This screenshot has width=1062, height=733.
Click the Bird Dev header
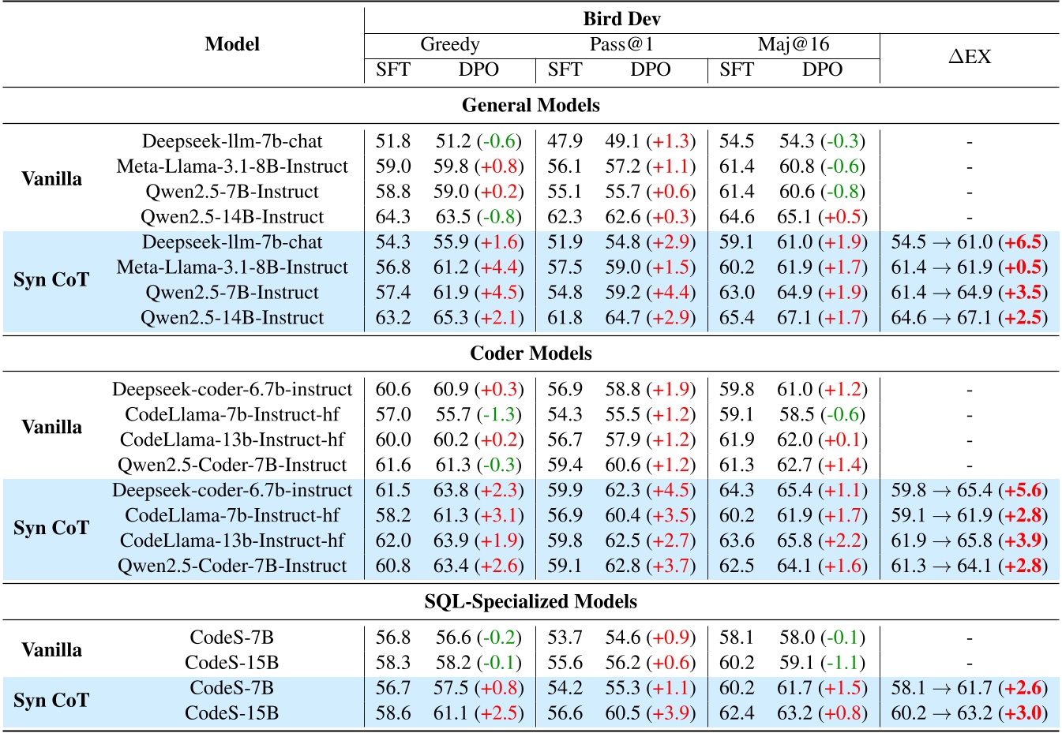point(621,19)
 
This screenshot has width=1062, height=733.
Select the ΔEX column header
point(969,57)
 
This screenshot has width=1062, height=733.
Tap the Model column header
point(231,44)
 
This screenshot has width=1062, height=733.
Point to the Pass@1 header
point(621,44)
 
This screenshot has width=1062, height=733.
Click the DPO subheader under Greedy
point(478,69)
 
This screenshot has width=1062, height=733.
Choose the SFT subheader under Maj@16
point(736,69)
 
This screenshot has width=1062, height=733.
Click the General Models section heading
point(531,106)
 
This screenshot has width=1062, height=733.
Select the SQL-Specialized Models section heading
point(531,602)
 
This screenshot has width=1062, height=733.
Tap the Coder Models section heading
point(531,353)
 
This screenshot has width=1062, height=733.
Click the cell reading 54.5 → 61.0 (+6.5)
point(969,242)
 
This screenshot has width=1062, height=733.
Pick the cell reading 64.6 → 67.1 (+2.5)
point(969,318)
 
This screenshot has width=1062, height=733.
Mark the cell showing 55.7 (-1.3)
point(478,414)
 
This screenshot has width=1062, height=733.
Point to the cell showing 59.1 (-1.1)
point(822,663)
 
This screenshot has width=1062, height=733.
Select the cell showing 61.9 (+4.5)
point(478,293)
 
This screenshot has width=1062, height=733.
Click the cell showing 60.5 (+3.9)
point(650,713)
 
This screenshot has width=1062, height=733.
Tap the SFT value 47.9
point(565,141)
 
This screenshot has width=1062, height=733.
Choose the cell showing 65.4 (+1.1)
point(822,490)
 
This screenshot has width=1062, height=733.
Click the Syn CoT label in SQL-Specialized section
point(51,701)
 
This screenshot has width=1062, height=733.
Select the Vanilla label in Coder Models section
point(51,427)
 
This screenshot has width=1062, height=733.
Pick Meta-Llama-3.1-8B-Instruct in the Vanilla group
point(232,166)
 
